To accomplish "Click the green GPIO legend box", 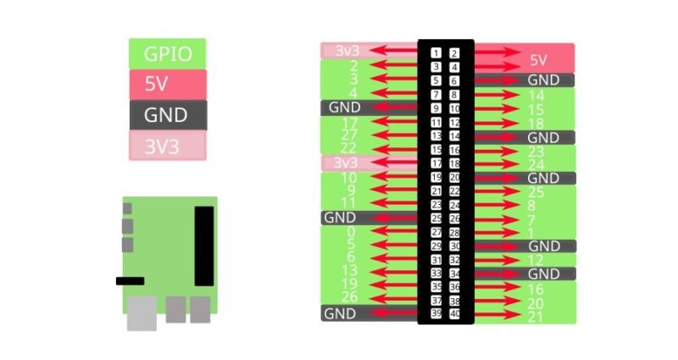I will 167,54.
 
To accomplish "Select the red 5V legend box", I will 167,85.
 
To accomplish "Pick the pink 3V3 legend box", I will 167,146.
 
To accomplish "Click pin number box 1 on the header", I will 436,53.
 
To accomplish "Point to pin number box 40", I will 455,313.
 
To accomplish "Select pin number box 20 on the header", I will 455,177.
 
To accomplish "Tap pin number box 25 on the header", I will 436,218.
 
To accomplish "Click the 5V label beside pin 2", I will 538,60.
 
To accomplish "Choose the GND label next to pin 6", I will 543,80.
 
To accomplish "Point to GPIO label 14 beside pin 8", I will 536,96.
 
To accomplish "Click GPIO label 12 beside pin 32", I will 536,260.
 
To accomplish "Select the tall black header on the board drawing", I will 204,246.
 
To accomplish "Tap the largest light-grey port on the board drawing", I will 142,315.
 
